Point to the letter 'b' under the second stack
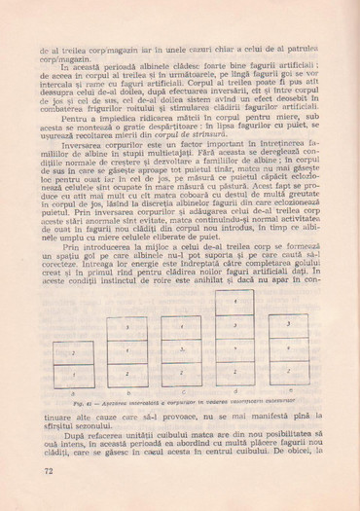127,390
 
